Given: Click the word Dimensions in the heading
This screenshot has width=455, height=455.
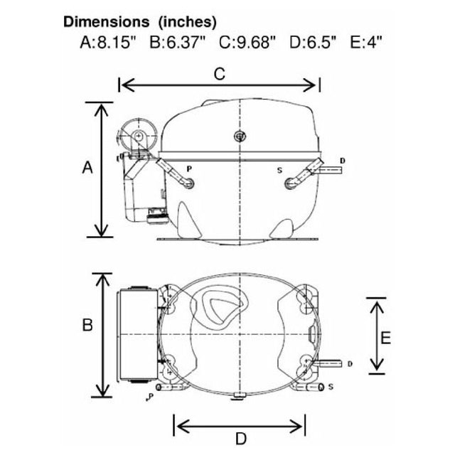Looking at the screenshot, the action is (x=107, y=22).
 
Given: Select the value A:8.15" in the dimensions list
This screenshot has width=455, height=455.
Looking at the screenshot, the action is (x=108, y=42).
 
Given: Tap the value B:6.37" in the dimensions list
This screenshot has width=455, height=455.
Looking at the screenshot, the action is (x=177, y=42).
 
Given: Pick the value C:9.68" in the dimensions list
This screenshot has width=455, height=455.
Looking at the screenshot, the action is (x=247, y=42).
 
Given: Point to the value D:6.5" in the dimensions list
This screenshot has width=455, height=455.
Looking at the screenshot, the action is (x=313, y=42).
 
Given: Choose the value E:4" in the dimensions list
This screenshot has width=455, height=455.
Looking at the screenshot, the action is (x=366, y=42).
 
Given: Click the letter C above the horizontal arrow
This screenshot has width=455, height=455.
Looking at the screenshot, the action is (x=220, y=74).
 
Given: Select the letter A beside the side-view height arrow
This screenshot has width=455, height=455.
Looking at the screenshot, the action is (x=87, y=168).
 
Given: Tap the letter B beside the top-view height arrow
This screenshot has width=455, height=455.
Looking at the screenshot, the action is (x=87, y=324).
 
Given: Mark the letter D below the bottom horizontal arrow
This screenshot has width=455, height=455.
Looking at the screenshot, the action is (x=241, y=439).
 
